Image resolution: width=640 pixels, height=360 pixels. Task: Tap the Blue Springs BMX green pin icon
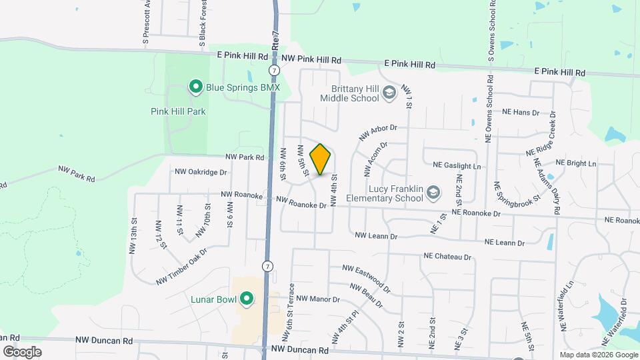tap(196, 87)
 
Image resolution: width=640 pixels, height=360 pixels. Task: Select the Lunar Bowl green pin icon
tap(246, 299)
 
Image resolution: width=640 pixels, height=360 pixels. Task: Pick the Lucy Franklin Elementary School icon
tap(434, 193)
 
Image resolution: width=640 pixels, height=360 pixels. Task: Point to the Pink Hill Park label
tap(178, 111)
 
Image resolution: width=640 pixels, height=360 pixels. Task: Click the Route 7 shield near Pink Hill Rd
tap(274, 70)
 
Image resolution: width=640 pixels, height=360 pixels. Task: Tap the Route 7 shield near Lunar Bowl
tap(267, 266)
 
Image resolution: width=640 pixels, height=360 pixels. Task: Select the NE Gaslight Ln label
tap(457, 165)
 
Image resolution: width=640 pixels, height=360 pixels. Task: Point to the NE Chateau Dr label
tap(447, 256)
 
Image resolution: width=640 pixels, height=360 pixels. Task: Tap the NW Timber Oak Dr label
tap(181, 265)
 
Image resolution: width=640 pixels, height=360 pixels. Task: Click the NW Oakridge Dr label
tap(201, 171)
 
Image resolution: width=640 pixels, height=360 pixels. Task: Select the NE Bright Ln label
tap(575, 163)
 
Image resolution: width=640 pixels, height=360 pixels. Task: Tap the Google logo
tap(22, 352)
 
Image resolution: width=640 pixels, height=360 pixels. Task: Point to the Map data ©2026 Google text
tap(598, 355)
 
